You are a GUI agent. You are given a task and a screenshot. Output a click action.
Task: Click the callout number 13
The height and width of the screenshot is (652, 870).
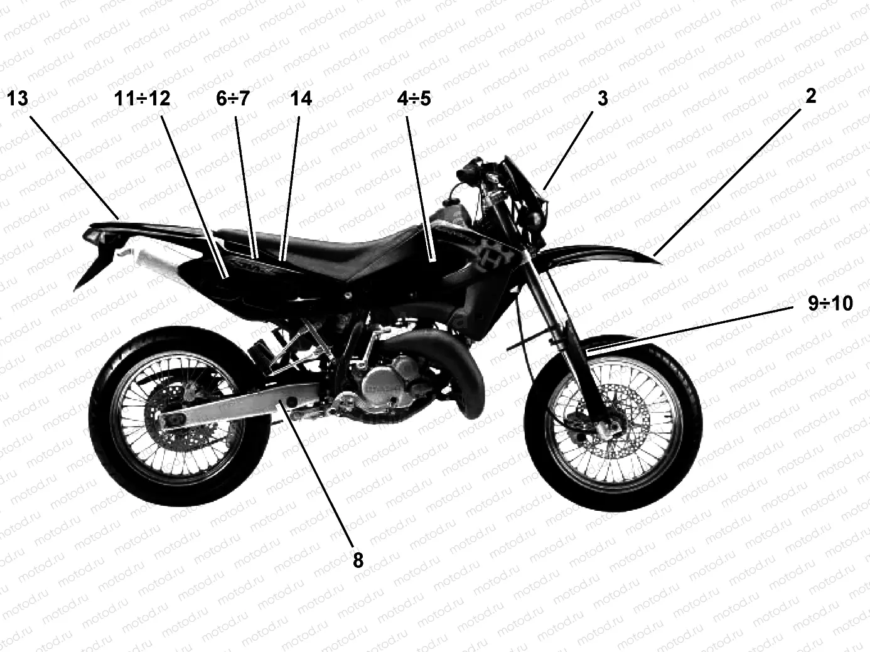pos(18,99)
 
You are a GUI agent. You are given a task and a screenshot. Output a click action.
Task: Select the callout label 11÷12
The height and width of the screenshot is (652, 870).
pos(142,99)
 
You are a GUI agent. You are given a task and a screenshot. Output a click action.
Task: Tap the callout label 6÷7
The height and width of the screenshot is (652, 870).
pos(232,99)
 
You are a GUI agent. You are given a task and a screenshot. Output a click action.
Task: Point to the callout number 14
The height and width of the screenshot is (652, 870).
pos(301,99)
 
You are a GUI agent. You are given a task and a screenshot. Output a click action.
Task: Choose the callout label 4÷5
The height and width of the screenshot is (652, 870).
pos(414,99)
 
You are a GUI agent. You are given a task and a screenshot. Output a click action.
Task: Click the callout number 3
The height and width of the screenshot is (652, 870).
pos(603,99)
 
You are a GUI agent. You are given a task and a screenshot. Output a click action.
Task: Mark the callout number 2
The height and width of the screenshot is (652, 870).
pos(810,96)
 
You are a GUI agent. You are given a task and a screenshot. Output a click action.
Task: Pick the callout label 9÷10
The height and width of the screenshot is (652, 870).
pos(830,304)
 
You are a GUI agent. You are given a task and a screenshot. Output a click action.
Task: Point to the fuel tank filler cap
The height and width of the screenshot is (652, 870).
pos(454,204)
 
